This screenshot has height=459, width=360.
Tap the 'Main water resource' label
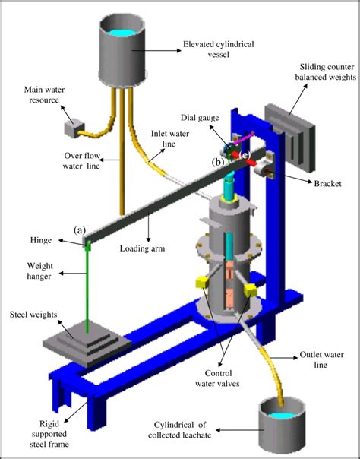[x=30, y=97]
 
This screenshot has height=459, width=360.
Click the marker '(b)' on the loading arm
[x=219, y=162]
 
